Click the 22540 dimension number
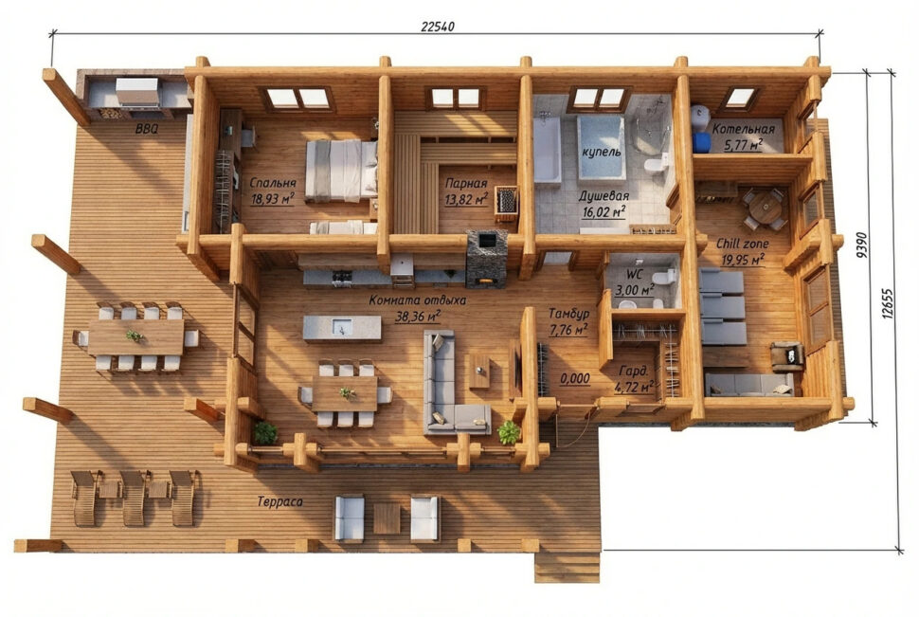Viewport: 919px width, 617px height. tap(437, 27)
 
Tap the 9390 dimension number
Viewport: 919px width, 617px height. tap(861, 245)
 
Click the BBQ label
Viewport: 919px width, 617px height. tap(147, 129)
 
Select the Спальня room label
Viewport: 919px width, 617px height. tap(273, 183)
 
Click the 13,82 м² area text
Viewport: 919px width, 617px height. tap(466, 199)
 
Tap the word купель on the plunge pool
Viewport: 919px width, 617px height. tap(601, 152)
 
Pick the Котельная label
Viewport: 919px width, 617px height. tap(743, 129)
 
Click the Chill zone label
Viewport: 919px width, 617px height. tap(742, 244)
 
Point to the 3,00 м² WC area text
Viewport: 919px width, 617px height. tap(634, 290)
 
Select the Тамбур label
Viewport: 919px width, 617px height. tap(568, 314)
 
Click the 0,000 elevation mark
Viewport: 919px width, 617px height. tap(575, 379)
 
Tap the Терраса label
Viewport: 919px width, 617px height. tap(279, 502)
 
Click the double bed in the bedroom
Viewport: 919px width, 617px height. tap(341, 170)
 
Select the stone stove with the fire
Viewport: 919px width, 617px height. tap(486, 259)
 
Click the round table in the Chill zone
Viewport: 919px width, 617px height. tap(765, 206)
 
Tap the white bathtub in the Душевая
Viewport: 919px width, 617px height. tap(547, 149)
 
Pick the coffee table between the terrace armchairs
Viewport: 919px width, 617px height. tap(387, 518)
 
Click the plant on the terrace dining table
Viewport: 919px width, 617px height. tap(135, 336)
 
